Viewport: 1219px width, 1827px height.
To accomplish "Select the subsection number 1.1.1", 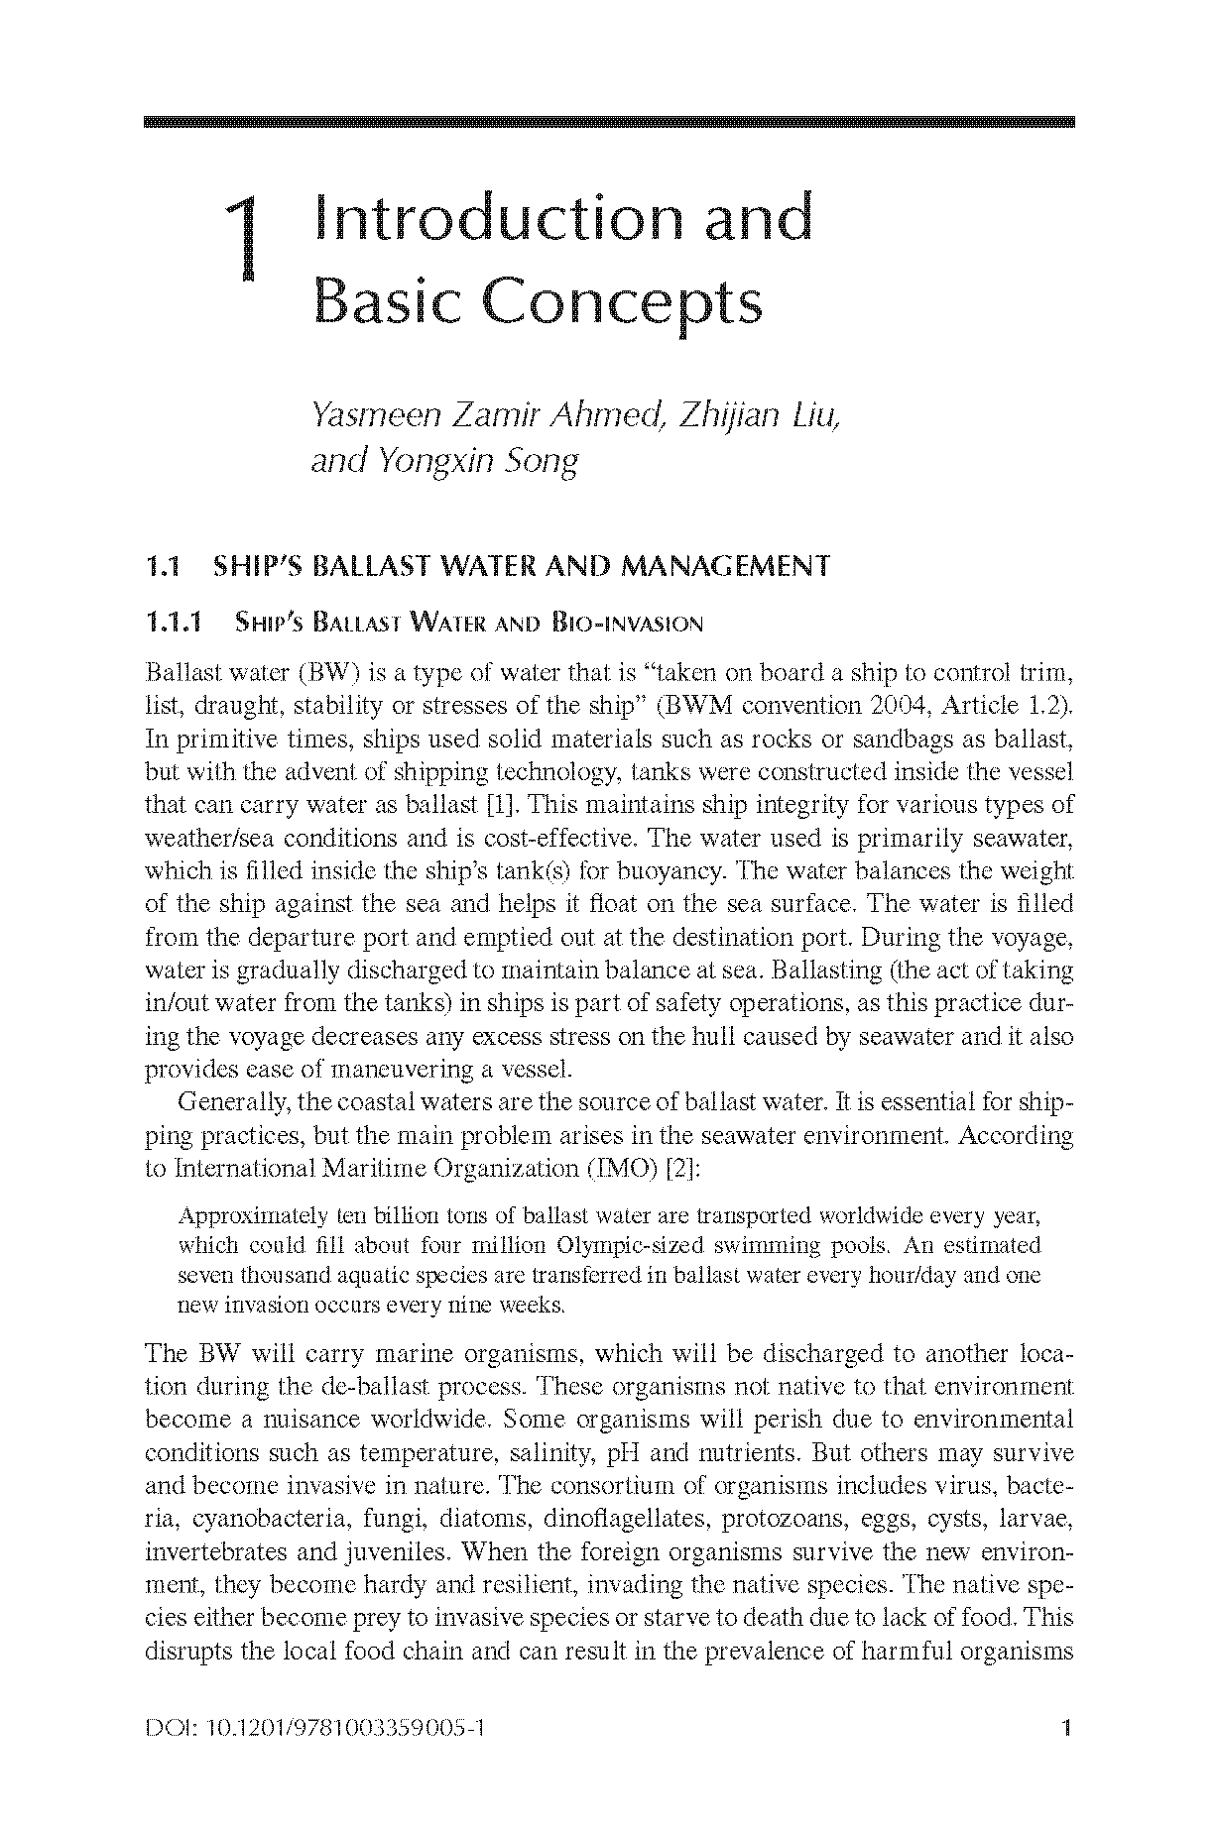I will [x=174, y=624].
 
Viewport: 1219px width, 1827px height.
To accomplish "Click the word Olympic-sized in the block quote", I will [x=622, y=1245].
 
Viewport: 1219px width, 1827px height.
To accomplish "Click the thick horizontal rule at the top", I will [x=609, y=122].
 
